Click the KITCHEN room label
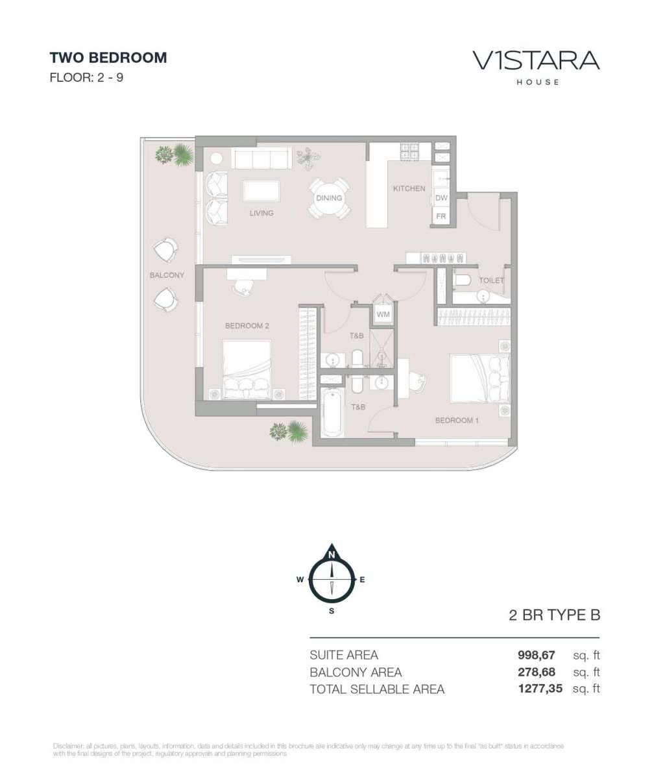tap(409, 188)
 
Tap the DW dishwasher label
tap(441, 198)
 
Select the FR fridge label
tap(441, 216)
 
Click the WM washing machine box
tap(383, 314)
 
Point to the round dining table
tap(329, 198)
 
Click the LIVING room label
tap(261, 213)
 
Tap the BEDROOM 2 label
tap(247, 326)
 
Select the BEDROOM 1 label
tap(457, 421)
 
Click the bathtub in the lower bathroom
tap(333, 412)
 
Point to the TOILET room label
tap(491, 280)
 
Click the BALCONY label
tap(167, 275)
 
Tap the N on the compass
tap(332, 554)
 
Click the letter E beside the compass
tap(362, 580)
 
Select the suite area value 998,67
tap(536, 655)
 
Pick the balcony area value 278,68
tap(536, 672)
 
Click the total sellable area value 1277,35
tap(540, 689)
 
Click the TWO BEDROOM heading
tap(108, 58)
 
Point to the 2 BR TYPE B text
tap(555, 615)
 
